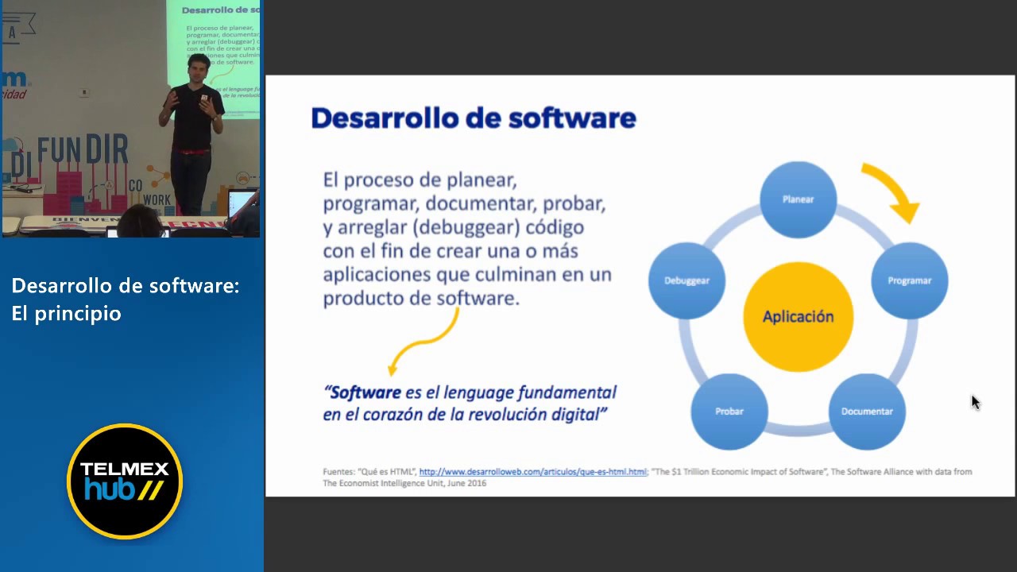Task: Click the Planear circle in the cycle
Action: (798, 199)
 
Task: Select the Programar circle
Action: (909, 280)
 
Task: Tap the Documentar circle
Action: (867, 411)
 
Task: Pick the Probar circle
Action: (729, 411)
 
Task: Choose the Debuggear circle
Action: (686, 280)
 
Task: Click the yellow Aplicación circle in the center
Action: (798, 316)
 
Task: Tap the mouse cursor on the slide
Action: (975, 402)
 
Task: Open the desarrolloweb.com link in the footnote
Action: (532, 472)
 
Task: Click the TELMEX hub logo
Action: (125, 481)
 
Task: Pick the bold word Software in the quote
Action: (365, 392)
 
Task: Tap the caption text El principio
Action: (67, 313)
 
